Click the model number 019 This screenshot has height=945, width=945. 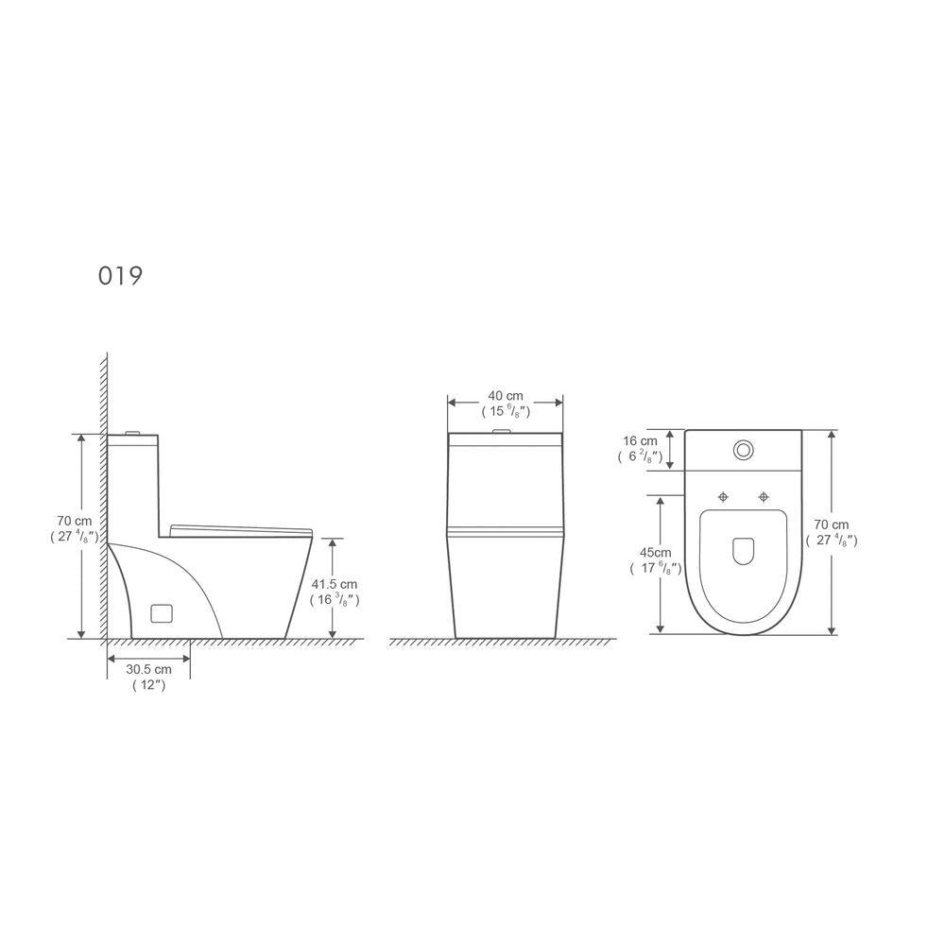click(121, 276)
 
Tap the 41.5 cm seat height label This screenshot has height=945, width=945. click(335, 584)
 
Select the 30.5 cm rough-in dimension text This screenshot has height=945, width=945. click(149, 669)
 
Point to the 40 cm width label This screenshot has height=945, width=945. click(506, 396)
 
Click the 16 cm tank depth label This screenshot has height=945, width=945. click(640, 441)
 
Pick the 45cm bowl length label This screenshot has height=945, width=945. click(655, 553)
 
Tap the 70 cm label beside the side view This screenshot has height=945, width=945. click(75, 521)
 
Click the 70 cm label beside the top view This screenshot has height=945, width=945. click(831, 524)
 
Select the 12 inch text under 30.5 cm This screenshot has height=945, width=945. click(149, 685)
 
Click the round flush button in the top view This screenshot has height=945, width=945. click(743, 450)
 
